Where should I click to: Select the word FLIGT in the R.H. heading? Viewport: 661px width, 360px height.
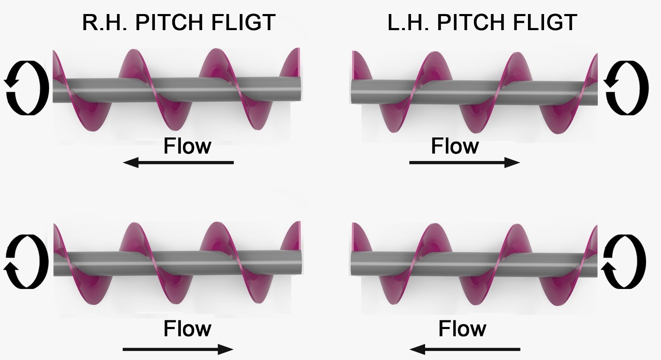click(x=243, y=22)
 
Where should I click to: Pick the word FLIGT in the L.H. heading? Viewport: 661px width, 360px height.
click(x=544, y=22)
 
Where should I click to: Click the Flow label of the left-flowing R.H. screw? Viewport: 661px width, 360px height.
click(x=187, y=146)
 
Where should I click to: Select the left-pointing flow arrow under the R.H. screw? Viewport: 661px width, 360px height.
click(x=178, y=163)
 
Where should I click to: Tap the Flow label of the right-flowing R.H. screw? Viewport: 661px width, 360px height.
click(x=187, y=329)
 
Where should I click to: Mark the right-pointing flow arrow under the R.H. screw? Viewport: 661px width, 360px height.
click(x=178, y=350)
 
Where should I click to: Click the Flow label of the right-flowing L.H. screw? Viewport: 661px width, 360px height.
click(x=455, y=146)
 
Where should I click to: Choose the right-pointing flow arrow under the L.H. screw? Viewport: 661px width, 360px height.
click(x=464, y=163)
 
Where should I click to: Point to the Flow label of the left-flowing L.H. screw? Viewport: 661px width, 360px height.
click(x=462, y=329)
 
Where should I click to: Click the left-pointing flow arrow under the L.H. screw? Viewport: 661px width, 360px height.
click(x=464, y=350)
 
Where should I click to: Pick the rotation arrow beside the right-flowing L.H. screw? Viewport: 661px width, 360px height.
click(x=626, y=88)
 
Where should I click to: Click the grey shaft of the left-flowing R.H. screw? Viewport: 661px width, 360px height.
click(x=178, y=90)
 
